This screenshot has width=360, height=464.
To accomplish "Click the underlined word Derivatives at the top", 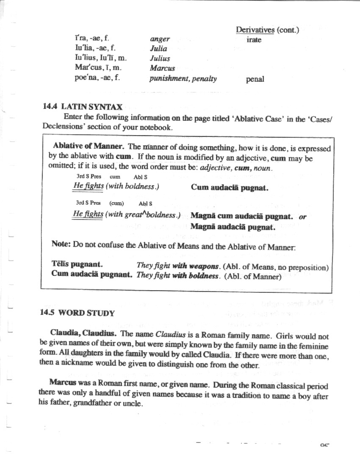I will [255, 30].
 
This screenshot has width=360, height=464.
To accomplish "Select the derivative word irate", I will [254, 40].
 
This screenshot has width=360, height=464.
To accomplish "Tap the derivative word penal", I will [255, 79].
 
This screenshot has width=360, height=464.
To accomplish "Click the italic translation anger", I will [160, 39].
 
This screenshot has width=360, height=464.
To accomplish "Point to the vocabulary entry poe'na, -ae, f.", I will [94, 78].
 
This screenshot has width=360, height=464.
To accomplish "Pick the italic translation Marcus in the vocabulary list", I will [162, 68].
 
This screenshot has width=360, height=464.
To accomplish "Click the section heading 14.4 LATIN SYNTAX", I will [83, 107].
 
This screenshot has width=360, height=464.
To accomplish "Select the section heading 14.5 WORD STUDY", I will [78, 313].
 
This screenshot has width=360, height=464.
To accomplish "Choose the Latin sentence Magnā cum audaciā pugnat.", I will [241, 217].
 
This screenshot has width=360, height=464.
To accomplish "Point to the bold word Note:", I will [61, 245].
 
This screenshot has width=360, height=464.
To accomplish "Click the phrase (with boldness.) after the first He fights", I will [133, 186].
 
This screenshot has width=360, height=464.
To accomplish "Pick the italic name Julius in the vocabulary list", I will [160, 58].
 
